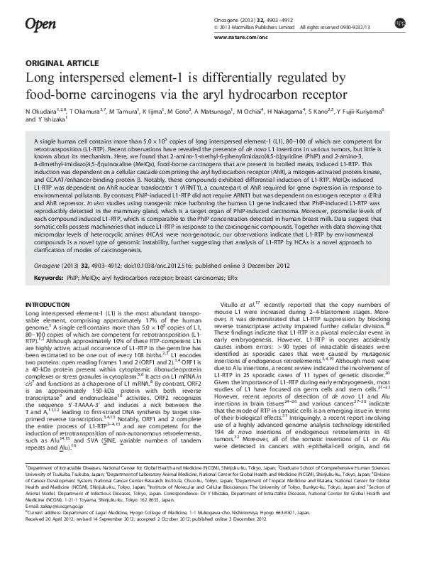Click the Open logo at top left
tap(40, 26)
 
